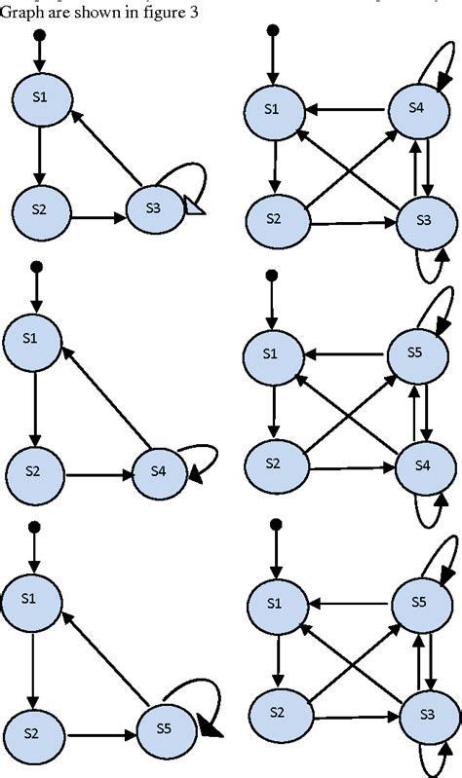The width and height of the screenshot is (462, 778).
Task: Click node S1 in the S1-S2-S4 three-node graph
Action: (x=32, y=340)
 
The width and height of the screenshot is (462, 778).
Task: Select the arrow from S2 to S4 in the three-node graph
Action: (x=96, y=474)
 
